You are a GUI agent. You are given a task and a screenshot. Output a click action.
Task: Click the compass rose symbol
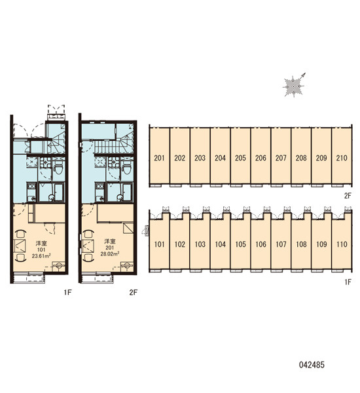coord(294,86)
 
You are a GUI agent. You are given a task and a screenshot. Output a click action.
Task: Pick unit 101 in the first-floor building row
coord(159,244)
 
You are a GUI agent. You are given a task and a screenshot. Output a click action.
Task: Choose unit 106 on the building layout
coord(261,244)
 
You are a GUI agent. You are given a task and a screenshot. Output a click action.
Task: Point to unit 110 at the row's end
coord(342,244)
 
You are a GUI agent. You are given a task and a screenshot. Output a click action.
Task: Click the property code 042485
coord(312,364)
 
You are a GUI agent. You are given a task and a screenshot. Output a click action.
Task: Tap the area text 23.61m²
coord(42,256)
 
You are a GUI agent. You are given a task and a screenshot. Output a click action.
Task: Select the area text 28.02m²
coord(110,253)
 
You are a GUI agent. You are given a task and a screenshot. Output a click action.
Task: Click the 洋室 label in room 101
coord(41,243)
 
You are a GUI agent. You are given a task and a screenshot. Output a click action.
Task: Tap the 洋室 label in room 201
coord(110,241)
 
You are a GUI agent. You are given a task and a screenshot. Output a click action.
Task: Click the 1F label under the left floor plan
coord(67,292)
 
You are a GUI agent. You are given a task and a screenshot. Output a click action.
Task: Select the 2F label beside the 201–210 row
coord(348,195)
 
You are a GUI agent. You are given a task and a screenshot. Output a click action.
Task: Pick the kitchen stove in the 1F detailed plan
coord(31,186)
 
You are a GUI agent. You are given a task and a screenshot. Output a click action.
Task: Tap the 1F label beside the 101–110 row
coord(348,282)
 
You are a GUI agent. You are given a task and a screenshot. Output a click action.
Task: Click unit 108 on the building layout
coord(301,244)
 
